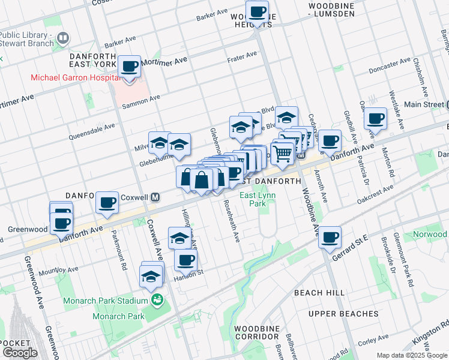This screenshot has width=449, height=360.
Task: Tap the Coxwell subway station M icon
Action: coord(155,196)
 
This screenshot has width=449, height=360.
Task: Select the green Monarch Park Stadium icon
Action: coord(157,300)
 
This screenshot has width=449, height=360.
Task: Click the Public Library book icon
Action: coord(62,39)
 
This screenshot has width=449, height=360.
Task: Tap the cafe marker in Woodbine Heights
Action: coord(258,11)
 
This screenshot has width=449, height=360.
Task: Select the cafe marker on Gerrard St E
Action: coord(330,237)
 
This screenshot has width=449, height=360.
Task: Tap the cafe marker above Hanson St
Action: coord(186,260)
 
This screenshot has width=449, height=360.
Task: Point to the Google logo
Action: coord(20,353)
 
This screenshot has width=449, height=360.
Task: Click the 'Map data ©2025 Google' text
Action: coord(412,355)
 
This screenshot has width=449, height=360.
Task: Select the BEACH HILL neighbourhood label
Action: coord(319,292)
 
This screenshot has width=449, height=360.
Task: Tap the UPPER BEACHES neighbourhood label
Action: coord(343,314)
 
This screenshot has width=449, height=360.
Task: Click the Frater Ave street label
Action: coord(242,56)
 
